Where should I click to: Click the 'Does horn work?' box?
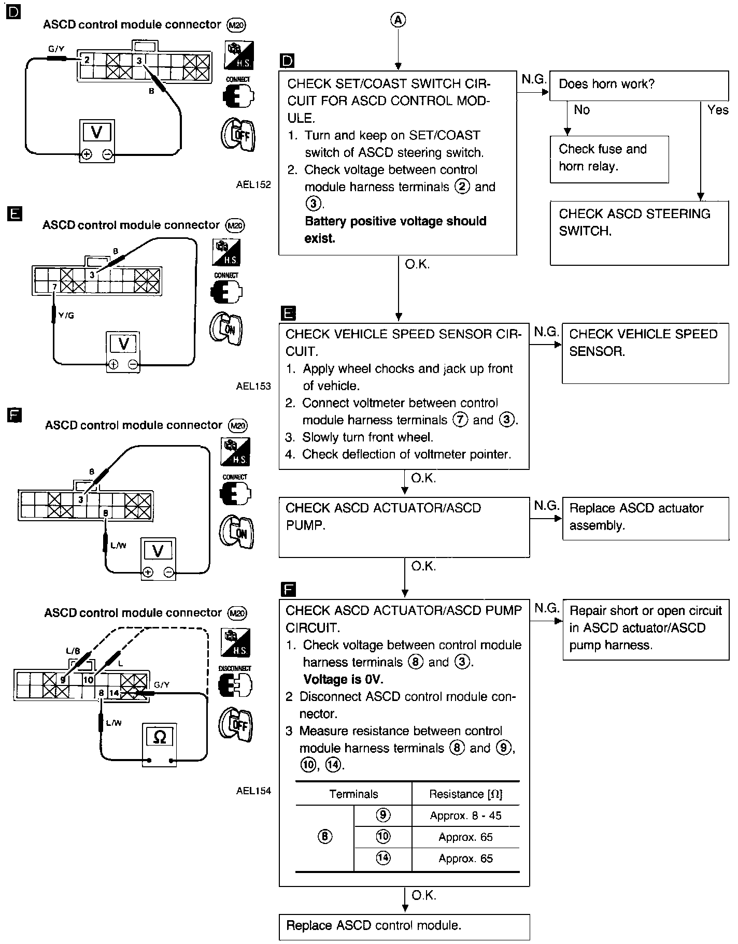(638, 85)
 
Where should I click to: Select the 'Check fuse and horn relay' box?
(608, 159)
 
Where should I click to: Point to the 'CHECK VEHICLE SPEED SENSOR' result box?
(645, 353)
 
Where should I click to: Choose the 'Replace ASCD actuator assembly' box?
(645, 518)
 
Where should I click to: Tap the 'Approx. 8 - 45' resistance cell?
(465, 816)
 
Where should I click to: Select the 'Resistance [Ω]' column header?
(465, 794)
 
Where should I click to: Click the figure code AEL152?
(253, 185)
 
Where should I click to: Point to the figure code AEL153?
(253, 386)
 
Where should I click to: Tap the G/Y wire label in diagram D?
(56, 49)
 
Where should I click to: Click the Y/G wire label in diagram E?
(66, 315)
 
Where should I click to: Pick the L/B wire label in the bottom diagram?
(73, 651)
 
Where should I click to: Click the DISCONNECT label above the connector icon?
(235, 668)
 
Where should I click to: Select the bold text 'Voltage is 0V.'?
(343, 679)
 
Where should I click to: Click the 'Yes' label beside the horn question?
(718, 109)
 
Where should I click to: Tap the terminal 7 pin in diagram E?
(54, 287)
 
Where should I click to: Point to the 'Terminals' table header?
(353, 794)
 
